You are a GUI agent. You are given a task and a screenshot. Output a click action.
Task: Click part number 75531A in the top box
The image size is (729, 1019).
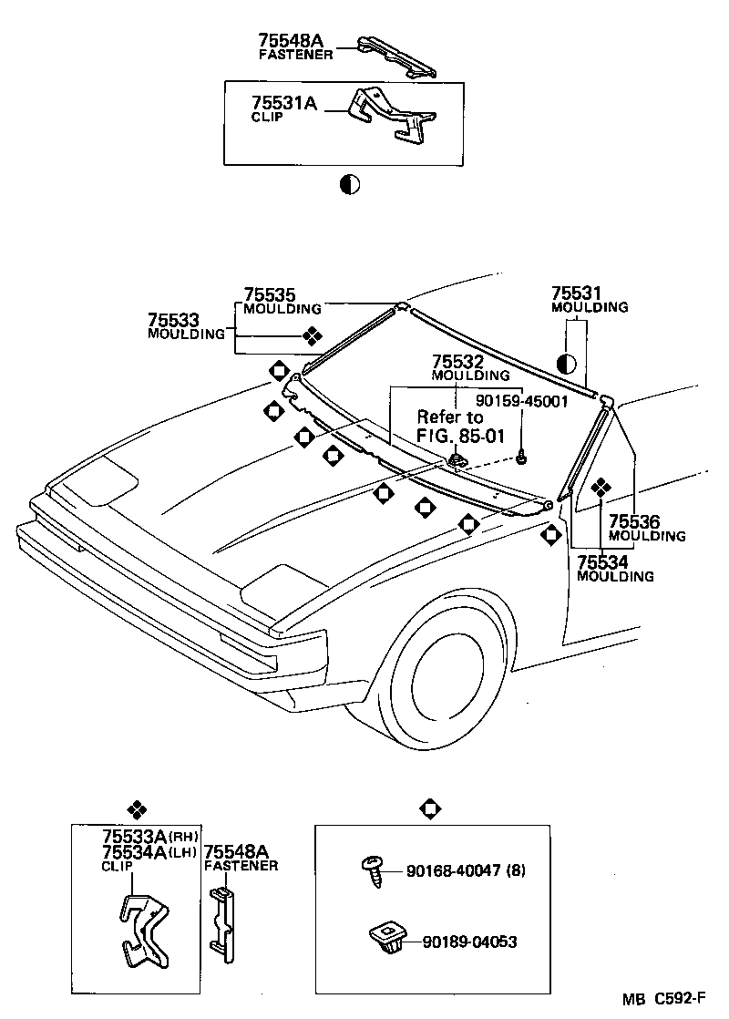tap(284, 103)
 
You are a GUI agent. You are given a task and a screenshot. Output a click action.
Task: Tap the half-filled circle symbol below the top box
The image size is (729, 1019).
tap(349, 184)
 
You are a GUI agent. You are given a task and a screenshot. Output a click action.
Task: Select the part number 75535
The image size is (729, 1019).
tap(270, 295)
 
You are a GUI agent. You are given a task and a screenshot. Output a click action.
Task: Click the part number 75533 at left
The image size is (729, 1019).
tap(174, 320)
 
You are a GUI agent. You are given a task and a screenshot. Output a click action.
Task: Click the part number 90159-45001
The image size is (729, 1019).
tap(522, 400)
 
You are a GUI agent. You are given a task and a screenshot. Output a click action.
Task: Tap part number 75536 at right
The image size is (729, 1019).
tap(634, 522)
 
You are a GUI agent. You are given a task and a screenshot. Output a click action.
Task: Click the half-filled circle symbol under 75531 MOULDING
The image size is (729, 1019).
tap(566, 364)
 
